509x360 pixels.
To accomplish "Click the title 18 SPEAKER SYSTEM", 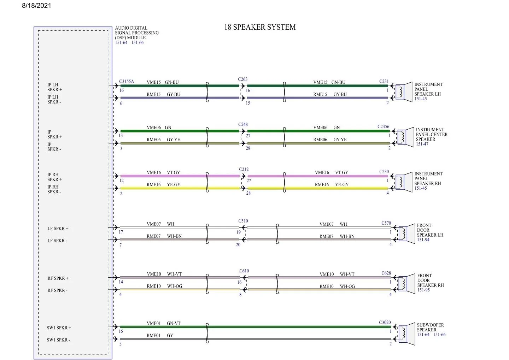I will tap(260, 27).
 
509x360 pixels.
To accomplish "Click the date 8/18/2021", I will tap(36, 6).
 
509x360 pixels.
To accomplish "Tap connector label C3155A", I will tap(127, 82).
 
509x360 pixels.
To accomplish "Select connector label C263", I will tap(242, 79).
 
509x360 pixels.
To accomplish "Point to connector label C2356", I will tap(383, 126).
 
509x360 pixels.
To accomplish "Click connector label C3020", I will tap(385, 323).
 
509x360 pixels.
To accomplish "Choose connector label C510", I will tap(243, 221).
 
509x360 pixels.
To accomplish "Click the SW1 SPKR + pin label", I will tap(59, 328).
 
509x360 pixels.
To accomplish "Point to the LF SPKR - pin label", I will tap(57, 241).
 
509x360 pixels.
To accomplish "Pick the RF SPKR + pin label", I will tap(58, 278).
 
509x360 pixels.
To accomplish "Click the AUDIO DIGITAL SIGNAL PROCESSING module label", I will tap(136, 33).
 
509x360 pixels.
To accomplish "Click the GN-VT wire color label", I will tap(174, 324).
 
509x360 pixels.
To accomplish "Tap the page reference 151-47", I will tap(422, 144).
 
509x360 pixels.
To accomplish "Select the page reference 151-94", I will tap(423, 240).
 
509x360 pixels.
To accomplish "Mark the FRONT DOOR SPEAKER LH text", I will tap(429, 230).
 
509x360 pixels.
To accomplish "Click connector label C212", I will tap(244, 170).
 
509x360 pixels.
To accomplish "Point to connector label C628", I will tap(386, 273).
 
